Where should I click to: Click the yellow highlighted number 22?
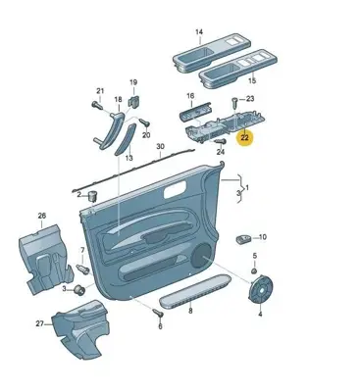(244, 138)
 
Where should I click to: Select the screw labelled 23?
(235, 103)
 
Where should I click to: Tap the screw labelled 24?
(221, 141)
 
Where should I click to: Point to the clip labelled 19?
(134, 101)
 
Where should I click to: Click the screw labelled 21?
(97, 105)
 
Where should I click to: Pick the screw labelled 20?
(144, 122)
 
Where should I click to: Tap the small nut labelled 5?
(255, 270)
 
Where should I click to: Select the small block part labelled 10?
(243, 239)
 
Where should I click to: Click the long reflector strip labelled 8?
(195, 291)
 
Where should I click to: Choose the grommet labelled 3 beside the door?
(79, 289)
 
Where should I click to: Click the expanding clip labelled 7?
(82, 269)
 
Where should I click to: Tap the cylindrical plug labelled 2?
(93, 197)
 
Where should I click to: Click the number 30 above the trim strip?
(160, 146)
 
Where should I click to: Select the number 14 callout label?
(199, 32)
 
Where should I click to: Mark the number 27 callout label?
(39, 323)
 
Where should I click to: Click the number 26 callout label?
(42, 216)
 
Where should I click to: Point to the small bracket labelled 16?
(195, 113)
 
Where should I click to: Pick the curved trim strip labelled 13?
(126, 139)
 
